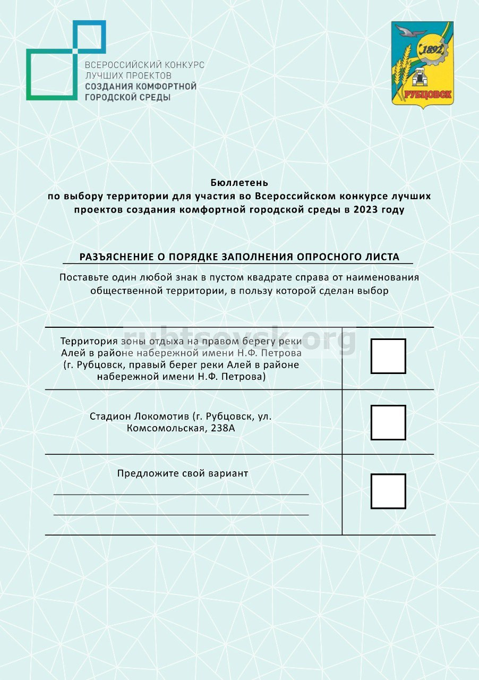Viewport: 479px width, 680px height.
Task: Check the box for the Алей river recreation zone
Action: pos(388,356)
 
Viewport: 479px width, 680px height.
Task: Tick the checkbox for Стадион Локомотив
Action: pos(388,422)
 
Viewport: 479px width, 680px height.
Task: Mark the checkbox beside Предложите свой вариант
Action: pos(388,491)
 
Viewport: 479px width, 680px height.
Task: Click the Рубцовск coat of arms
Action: pos(422,64)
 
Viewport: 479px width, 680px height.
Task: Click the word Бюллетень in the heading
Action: pos(239,183)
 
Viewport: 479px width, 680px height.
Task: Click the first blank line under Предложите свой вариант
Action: pos(181,494)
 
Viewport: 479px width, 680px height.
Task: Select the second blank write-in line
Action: pos(181,514)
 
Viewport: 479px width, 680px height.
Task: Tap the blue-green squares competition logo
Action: pos(65,60)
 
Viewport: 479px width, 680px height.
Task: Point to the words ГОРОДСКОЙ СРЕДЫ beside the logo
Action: pos(128,97)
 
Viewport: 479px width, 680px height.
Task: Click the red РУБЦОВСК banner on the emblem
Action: pos(428,95)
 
